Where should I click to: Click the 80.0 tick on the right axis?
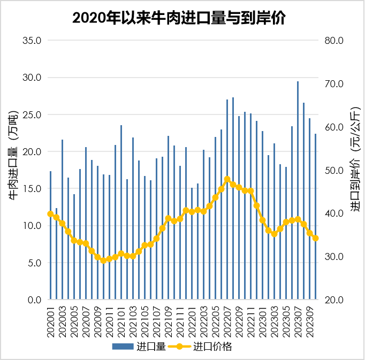(334, 41)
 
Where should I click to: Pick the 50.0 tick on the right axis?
(334, 171)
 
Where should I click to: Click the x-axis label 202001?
(51, 319)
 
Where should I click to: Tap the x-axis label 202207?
(227, 319)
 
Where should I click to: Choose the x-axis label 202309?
(310, 319)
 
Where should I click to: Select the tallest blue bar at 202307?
(298, 160)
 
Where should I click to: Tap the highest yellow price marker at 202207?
(227, 180)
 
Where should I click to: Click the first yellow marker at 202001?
(51, 214)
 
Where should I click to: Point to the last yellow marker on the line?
(316, 239)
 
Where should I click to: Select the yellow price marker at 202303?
(275, 234)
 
